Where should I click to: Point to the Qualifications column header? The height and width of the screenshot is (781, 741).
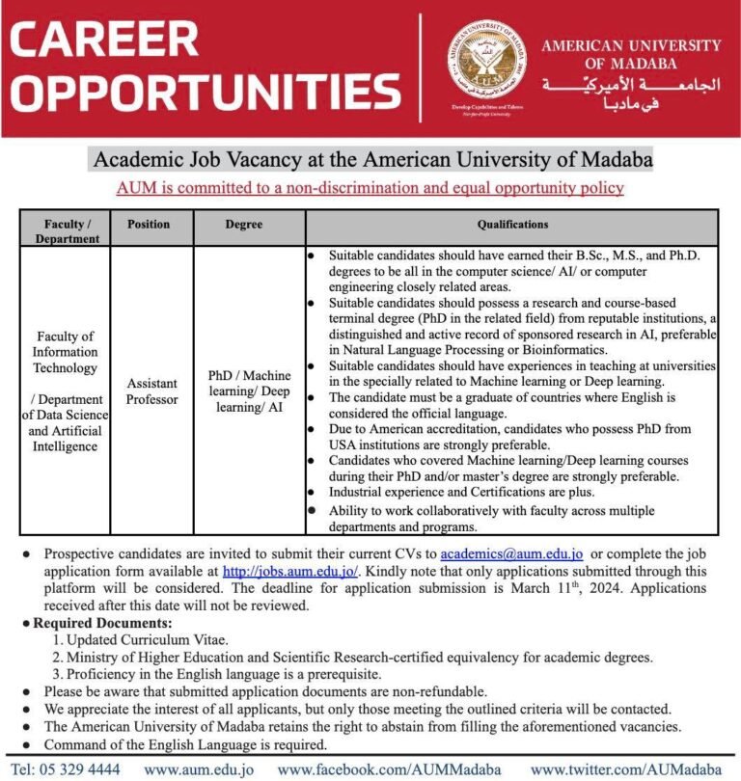pos(512,224)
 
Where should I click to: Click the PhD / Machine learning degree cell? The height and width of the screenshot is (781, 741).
pos(250,390)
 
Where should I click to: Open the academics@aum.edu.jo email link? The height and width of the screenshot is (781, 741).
pos(510,554)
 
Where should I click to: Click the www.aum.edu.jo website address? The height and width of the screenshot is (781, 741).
pos(199,768)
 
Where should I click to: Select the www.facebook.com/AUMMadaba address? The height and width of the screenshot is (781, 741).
pos(390,768)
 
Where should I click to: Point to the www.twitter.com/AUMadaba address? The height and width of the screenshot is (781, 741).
pos(628,768)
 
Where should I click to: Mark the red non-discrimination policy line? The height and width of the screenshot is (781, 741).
pos(371,188)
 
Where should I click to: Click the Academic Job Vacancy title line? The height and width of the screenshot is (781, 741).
pos(371,158)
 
